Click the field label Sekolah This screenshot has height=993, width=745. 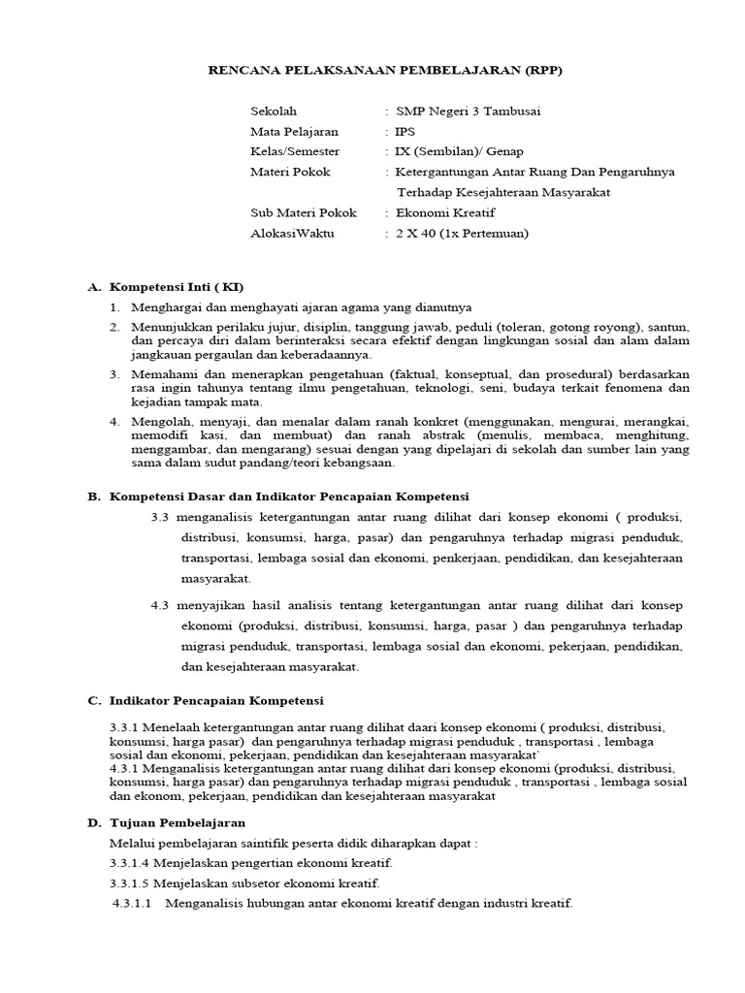tap(274, 111)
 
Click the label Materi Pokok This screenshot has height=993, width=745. tap(290, 172)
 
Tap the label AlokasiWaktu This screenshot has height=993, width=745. tap(291, 233)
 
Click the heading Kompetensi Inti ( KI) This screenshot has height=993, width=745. tap(177, 288)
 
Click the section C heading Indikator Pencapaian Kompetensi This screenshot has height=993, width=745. tap(217, 699)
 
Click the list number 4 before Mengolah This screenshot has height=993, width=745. tap(113, 421)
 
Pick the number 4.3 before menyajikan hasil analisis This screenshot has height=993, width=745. tap(160, 605)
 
